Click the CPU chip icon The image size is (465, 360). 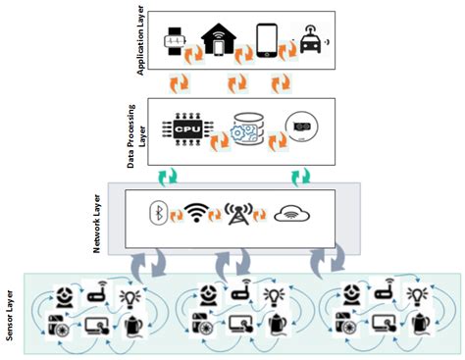coord(185,128)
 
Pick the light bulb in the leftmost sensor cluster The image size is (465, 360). coord(129,297)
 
